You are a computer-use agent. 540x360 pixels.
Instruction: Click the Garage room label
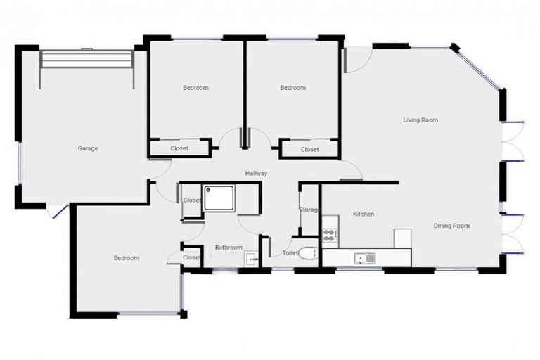click(x=87, y=148)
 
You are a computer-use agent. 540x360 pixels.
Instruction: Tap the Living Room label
click(x=420, y=120)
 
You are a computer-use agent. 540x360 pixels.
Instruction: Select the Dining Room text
click(x=451, y=226)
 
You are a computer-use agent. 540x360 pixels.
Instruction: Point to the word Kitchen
click(x=363, y=214)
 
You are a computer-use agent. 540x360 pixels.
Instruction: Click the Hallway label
click(x=256, y=174)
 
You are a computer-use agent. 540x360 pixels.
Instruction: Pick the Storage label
click(x=309, y=210)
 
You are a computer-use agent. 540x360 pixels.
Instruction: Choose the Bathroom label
click(x=229, y=247)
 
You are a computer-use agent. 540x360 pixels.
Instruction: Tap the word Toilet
click(x=290, y=252)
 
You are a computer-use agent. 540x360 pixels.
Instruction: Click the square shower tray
click(x=220, y=198)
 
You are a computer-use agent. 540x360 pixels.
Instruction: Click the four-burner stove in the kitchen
click(x=330, y=235)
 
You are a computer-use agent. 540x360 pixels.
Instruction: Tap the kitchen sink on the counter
click(x=365, y=259)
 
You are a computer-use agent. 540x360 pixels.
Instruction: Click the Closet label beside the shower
click(x=191, y=200)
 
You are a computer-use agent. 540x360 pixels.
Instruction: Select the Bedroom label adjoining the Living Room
click(x=292, y=88)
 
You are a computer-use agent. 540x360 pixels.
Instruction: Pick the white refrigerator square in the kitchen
click(x=402, y=238)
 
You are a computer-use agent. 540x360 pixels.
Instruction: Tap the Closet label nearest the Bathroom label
click(x=191, y=257)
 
